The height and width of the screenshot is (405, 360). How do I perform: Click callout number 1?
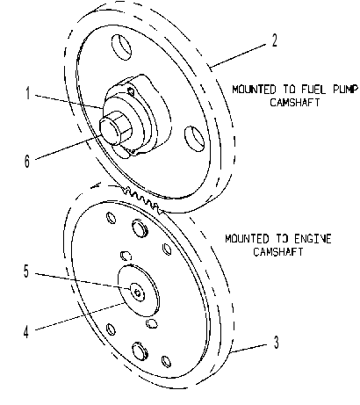(28, 93)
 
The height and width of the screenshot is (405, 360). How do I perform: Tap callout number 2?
(274, 40)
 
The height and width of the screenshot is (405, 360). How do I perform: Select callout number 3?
(276, 342)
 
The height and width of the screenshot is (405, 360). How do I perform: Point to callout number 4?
(26, 332)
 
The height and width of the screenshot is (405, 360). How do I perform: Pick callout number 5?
(26, 271)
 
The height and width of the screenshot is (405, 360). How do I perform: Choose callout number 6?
(26, 161)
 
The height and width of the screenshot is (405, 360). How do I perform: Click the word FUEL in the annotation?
(313, 90)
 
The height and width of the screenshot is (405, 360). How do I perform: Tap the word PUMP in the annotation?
(346, 90)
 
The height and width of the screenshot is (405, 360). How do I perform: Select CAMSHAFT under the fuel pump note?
(295, 103)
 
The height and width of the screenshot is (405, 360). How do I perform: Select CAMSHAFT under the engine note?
(278, 252)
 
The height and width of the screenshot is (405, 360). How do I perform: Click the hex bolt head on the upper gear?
(115, 128)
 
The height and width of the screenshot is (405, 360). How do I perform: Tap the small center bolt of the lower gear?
(138, 293)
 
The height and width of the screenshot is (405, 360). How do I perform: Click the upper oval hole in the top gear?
(121, 47)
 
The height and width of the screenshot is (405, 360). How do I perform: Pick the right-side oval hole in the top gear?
(195, 139)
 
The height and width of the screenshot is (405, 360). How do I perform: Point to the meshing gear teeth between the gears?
(142, 200)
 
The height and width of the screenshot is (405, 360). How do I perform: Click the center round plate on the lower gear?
(138, 291)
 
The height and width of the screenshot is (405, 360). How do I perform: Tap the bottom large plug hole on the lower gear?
(140, 350)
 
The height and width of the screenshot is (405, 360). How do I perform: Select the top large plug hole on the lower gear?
(140, 228)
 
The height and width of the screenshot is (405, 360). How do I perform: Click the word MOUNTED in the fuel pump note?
(254, 90)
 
